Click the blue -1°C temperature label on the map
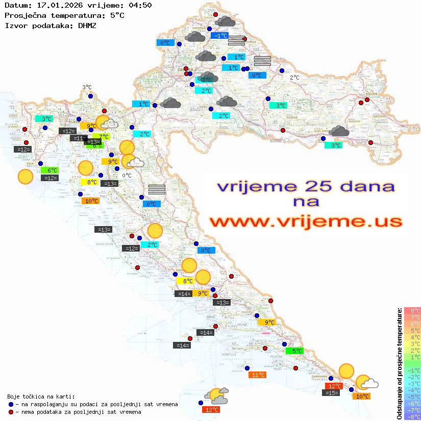[x=219, y=36]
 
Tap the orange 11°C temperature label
[x=257, y=375]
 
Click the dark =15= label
[x=331, y=392]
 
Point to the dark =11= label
[x=78, y=138]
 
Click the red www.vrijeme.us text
[x=306, y=222]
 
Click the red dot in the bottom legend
[x=11, y=412]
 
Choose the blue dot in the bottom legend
[x=11, y=404]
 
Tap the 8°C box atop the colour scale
[x=412, y=310]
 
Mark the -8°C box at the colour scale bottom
[x=412, y=416]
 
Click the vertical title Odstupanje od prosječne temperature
[x=399, y=363]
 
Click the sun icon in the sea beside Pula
[x=26, y=177]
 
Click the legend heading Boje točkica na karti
[x=41, y=396]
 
